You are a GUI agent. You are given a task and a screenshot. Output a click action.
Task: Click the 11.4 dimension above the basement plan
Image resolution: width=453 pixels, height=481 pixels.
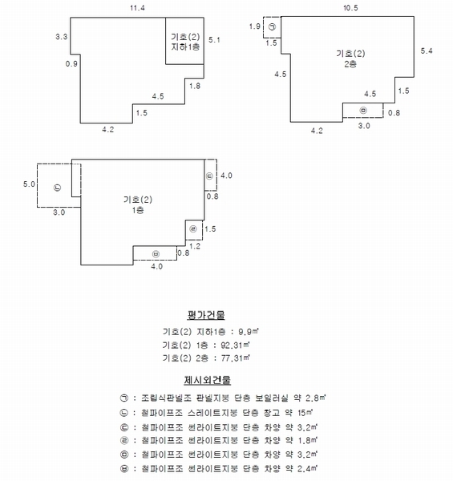[x=137, y=8]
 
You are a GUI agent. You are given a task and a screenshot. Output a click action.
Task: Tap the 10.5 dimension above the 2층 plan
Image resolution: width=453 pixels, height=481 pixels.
[x=350, y=8]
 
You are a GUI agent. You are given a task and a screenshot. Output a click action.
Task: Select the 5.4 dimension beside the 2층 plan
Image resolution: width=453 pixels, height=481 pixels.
[x=427, y=51]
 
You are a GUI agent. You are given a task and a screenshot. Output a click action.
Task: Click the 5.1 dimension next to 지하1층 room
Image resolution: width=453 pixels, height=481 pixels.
[x=214, y=40]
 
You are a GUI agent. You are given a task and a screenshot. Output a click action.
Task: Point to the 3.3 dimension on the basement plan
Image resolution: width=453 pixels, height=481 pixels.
[x=62, y=37]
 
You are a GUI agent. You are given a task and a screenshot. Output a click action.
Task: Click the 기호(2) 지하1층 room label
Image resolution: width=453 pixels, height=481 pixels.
[x=185, y=42]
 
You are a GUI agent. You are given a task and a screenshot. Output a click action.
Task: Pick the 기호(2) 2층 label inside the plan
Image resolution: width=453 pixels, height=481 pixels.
[x=350, y=59]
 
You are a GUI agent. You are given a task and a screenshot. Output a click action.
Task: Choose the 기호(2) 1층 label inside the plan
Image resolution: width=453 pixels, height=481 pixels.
[x=138, y=204]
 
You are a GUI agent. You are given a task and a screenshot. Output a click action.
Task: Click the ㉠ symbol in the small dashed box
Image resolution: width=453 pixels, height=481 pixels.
[x=272, y=27]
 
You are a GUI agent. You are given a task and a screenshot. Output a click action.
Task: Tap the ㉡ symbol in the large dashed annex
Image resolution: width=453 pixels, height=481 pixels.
[x=58, y=188]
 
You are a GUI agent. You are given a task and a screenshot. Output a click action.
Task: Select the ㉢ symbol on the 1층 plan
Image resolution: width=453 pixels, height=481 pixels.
[x=209, y=176]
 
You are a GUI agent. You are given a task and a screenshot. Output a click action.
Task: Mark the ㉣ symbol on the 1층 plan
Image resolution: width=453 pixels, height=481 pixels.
[x=193, y=228]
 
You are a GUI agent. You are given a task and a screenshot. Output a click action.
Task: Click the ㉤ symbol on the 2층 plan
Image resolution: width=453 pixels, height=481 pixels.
[x=363, y=110]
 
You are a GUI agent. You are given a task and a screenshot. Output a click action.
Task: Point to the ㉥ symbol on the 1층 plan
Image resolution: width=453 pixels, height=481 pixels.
[x=156, y=254]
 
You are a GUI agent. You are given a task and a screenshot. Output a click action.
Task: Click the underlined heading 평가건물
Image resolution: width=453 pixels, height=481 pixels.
[x=206, y=315]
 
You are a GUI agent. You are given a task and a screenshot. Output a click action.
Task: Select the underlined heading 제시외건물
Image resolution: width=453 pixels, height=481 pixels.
[x=208, y=380]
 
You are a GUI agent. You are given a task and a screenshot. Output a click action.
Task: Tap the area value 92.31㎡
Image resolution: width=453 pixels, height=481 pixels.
[x=235, y=345]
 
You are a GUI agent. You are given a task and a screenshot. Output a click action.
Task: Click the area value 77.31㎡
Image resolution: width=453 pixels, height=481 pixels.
[x=235, y=358]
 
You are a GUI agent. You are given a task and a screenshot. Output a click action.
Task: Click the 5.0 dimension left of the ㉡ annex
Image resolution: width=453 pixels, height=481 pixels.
[x=29, y=184]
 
